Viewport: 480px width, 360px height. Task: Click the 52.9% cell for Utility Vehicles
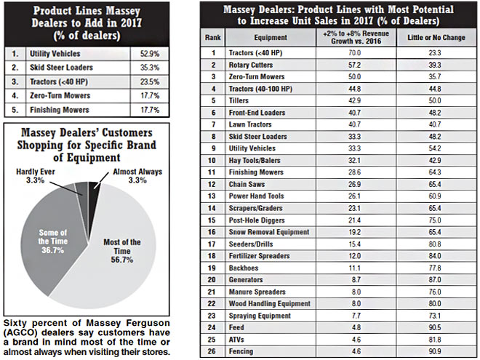coord(150,53)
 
